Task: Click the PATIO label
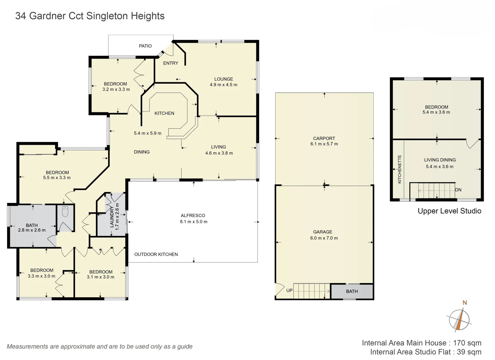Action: (145, 46)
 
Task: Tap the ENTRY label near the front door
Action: (170, 63)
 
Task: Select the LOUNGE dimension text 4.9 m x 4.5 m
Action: (223, 85)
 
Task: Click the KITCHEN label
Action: (164, 113)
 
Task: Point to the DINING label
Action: (142, 152)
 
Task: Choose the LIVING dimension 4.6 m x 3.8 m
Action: (219, 153)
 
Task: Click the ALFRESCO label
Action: (193, 216)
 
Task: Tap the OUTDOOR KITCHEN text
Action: (156, 254)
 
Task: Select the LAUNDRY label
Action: (112, 217)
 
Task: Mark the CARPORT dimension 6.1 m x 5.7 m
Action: (324, 144)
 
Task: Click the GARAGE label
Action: (322, 232)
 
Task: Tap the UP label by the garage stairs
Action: (289, 290)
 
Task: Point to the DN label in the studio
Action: (458, 190)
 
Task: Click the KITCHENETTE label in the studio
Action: (400, 169)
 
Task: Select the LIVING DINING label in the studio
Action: (440, 160)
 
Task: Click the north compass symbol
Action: (459, 319)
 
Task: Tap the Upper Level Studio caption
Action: (449, 211)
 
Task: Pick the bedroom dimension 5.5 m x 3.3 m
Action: (57, 178)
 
